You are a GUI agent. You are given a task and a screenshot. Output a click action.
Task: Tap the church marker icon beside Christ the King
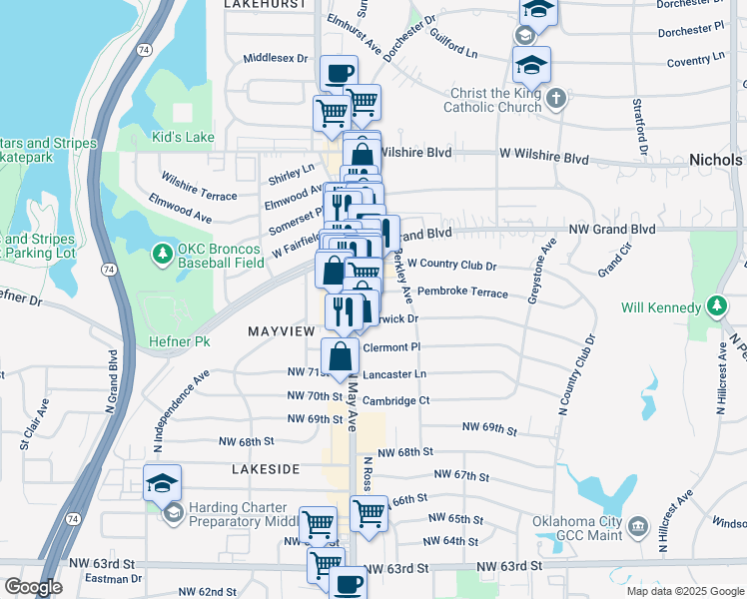pos(557,98)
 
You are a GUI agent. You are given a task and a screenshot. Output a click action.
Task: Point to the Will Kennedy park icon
pos(716,306)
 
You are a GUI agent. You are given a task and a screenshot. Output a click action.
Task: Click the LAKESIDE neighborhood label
pos(266,468)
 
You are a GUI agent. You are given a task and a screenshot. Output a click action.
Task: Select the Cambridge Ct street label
pos(395,400)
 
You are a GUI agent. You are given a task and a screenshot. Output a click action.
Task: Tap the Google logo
pos(32,587)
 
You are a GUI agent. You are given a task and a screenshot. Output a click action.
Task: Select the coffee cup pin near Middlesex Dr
pos(339,73)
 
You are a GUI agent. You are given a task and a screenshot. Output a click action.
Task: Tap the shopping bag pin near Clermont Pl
pos(341,356)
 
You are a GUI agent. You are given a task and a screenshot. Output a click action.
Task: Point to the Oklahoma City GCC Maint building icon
pos(636,524)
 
